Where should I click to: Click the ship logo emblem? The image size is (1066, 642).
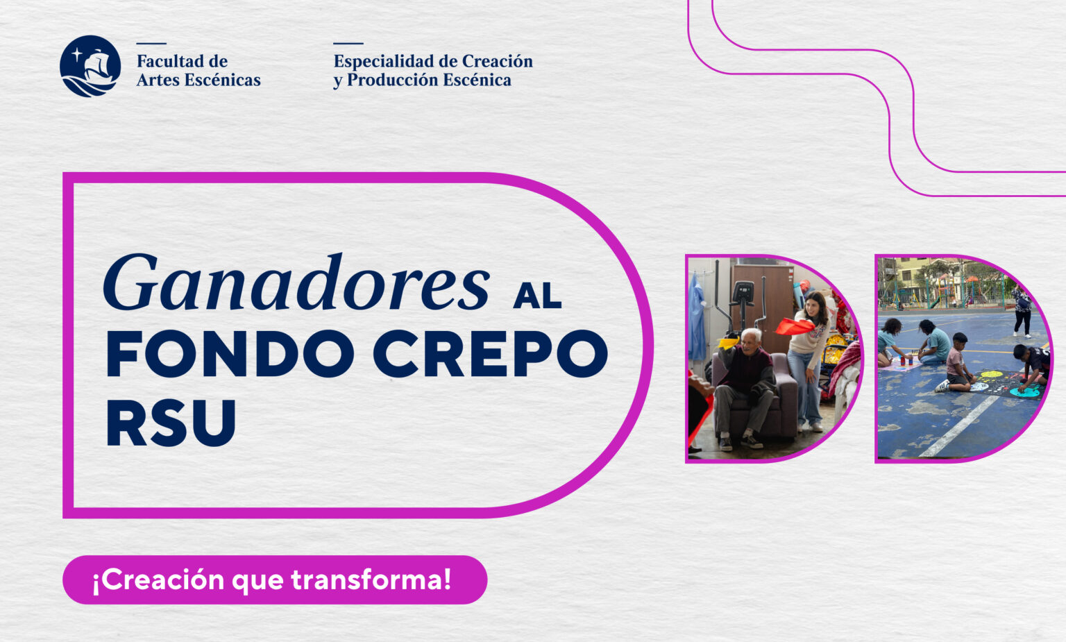pyautogui.click(x=90, y=66)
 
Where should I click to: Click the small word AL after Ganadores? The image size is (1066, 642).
pyautogui.click(x=537, y=296)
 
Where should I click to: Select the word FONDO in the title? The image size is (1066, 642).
pyautogui.click(x=230, y=354)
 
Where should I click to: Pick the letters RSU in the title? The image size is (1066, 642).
pyautogui.click(x=171, y=423)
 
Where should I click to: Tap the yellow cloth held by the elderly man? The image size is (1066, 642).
pyautogui.click(x=729, y=342)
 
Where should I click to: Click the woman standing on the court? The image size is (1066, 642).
pyautogui.click(x=1022, y=311)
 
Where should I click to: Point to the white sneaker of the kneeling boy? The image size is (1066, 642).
pyautogui.click(x=942, y=386)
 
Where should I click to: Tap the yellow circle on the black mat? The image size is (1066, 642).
pyautogui.click(x=991, y=375)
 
